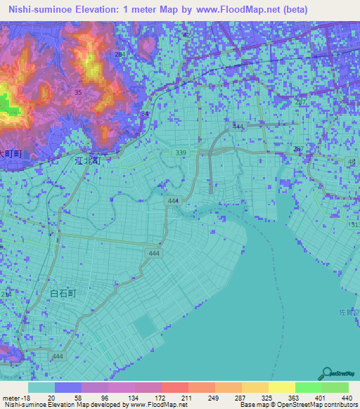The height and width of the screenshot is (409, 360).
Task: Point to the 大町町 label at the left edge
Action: (x=11, y=152)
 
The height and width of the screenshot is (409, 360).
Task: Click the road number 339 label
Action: (x=181, y=152)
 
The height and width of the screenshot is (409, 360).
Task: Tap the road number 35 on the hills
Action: (x=77, y=92)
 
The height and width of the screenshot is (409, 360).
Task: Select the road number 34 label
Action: (x=145, y=113)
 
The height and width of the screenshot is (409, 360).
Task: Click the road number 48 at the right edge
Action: (x=352, y=162)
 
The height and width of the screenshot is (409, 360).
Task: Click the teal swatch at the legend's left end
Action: (x=41, y=387)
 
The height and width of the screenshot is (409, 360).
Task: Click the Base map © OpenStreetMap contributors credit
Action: (x=299, y=405)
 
